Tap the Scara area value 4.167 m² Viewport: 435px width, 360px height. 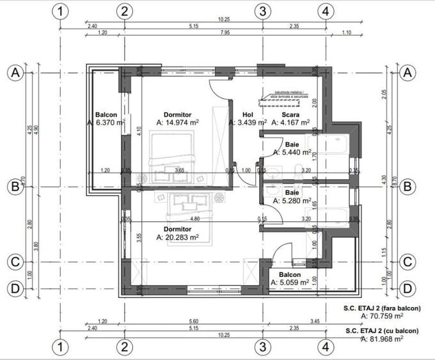[290, 122]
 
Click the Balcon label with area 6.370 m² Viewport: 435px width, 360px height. [106, 114]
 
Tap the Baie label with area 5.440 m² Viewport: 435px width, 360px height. [292, 145]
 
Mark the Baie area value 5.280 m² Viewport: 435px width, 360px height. [292, 201]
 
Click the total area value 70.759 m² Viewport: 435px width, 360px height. [382, 315]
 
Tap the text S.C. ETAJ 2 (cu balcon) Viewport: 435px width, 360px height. [381, 331]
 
